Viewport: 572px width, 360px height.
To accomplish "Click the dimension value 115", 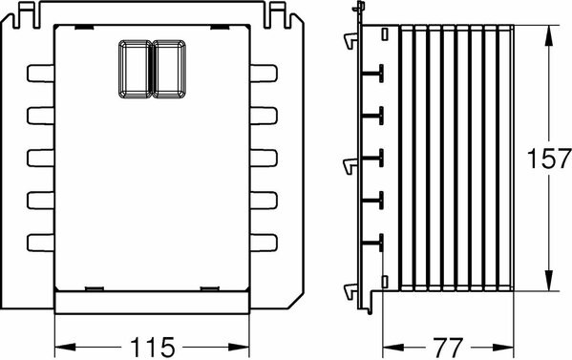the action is pos(153,347).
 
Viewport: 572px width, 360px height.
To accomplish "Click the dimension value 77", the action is pos(448,348).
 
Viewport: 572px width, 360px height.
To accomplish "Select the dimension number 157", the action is pos(549,159).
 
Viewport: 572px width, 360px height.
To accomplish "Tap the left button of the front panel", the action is pos(135,69).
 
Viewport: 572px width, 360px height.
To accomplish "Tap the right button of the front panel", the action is pos(169,69).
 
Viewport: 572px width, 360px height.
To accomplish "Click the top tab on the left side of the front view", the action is pos(40,74).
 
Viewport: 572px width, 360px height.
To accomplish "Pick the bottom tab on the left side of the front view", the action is pos(40,243).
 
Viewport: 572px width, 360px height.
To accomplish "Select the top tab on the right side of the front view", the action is pos(264,74).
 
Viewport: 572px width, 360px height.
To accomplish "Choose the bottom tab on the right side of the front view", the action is pos(264,243).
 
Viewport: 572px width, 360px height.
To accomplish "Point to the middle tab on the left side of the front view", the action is pos(40,158).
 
